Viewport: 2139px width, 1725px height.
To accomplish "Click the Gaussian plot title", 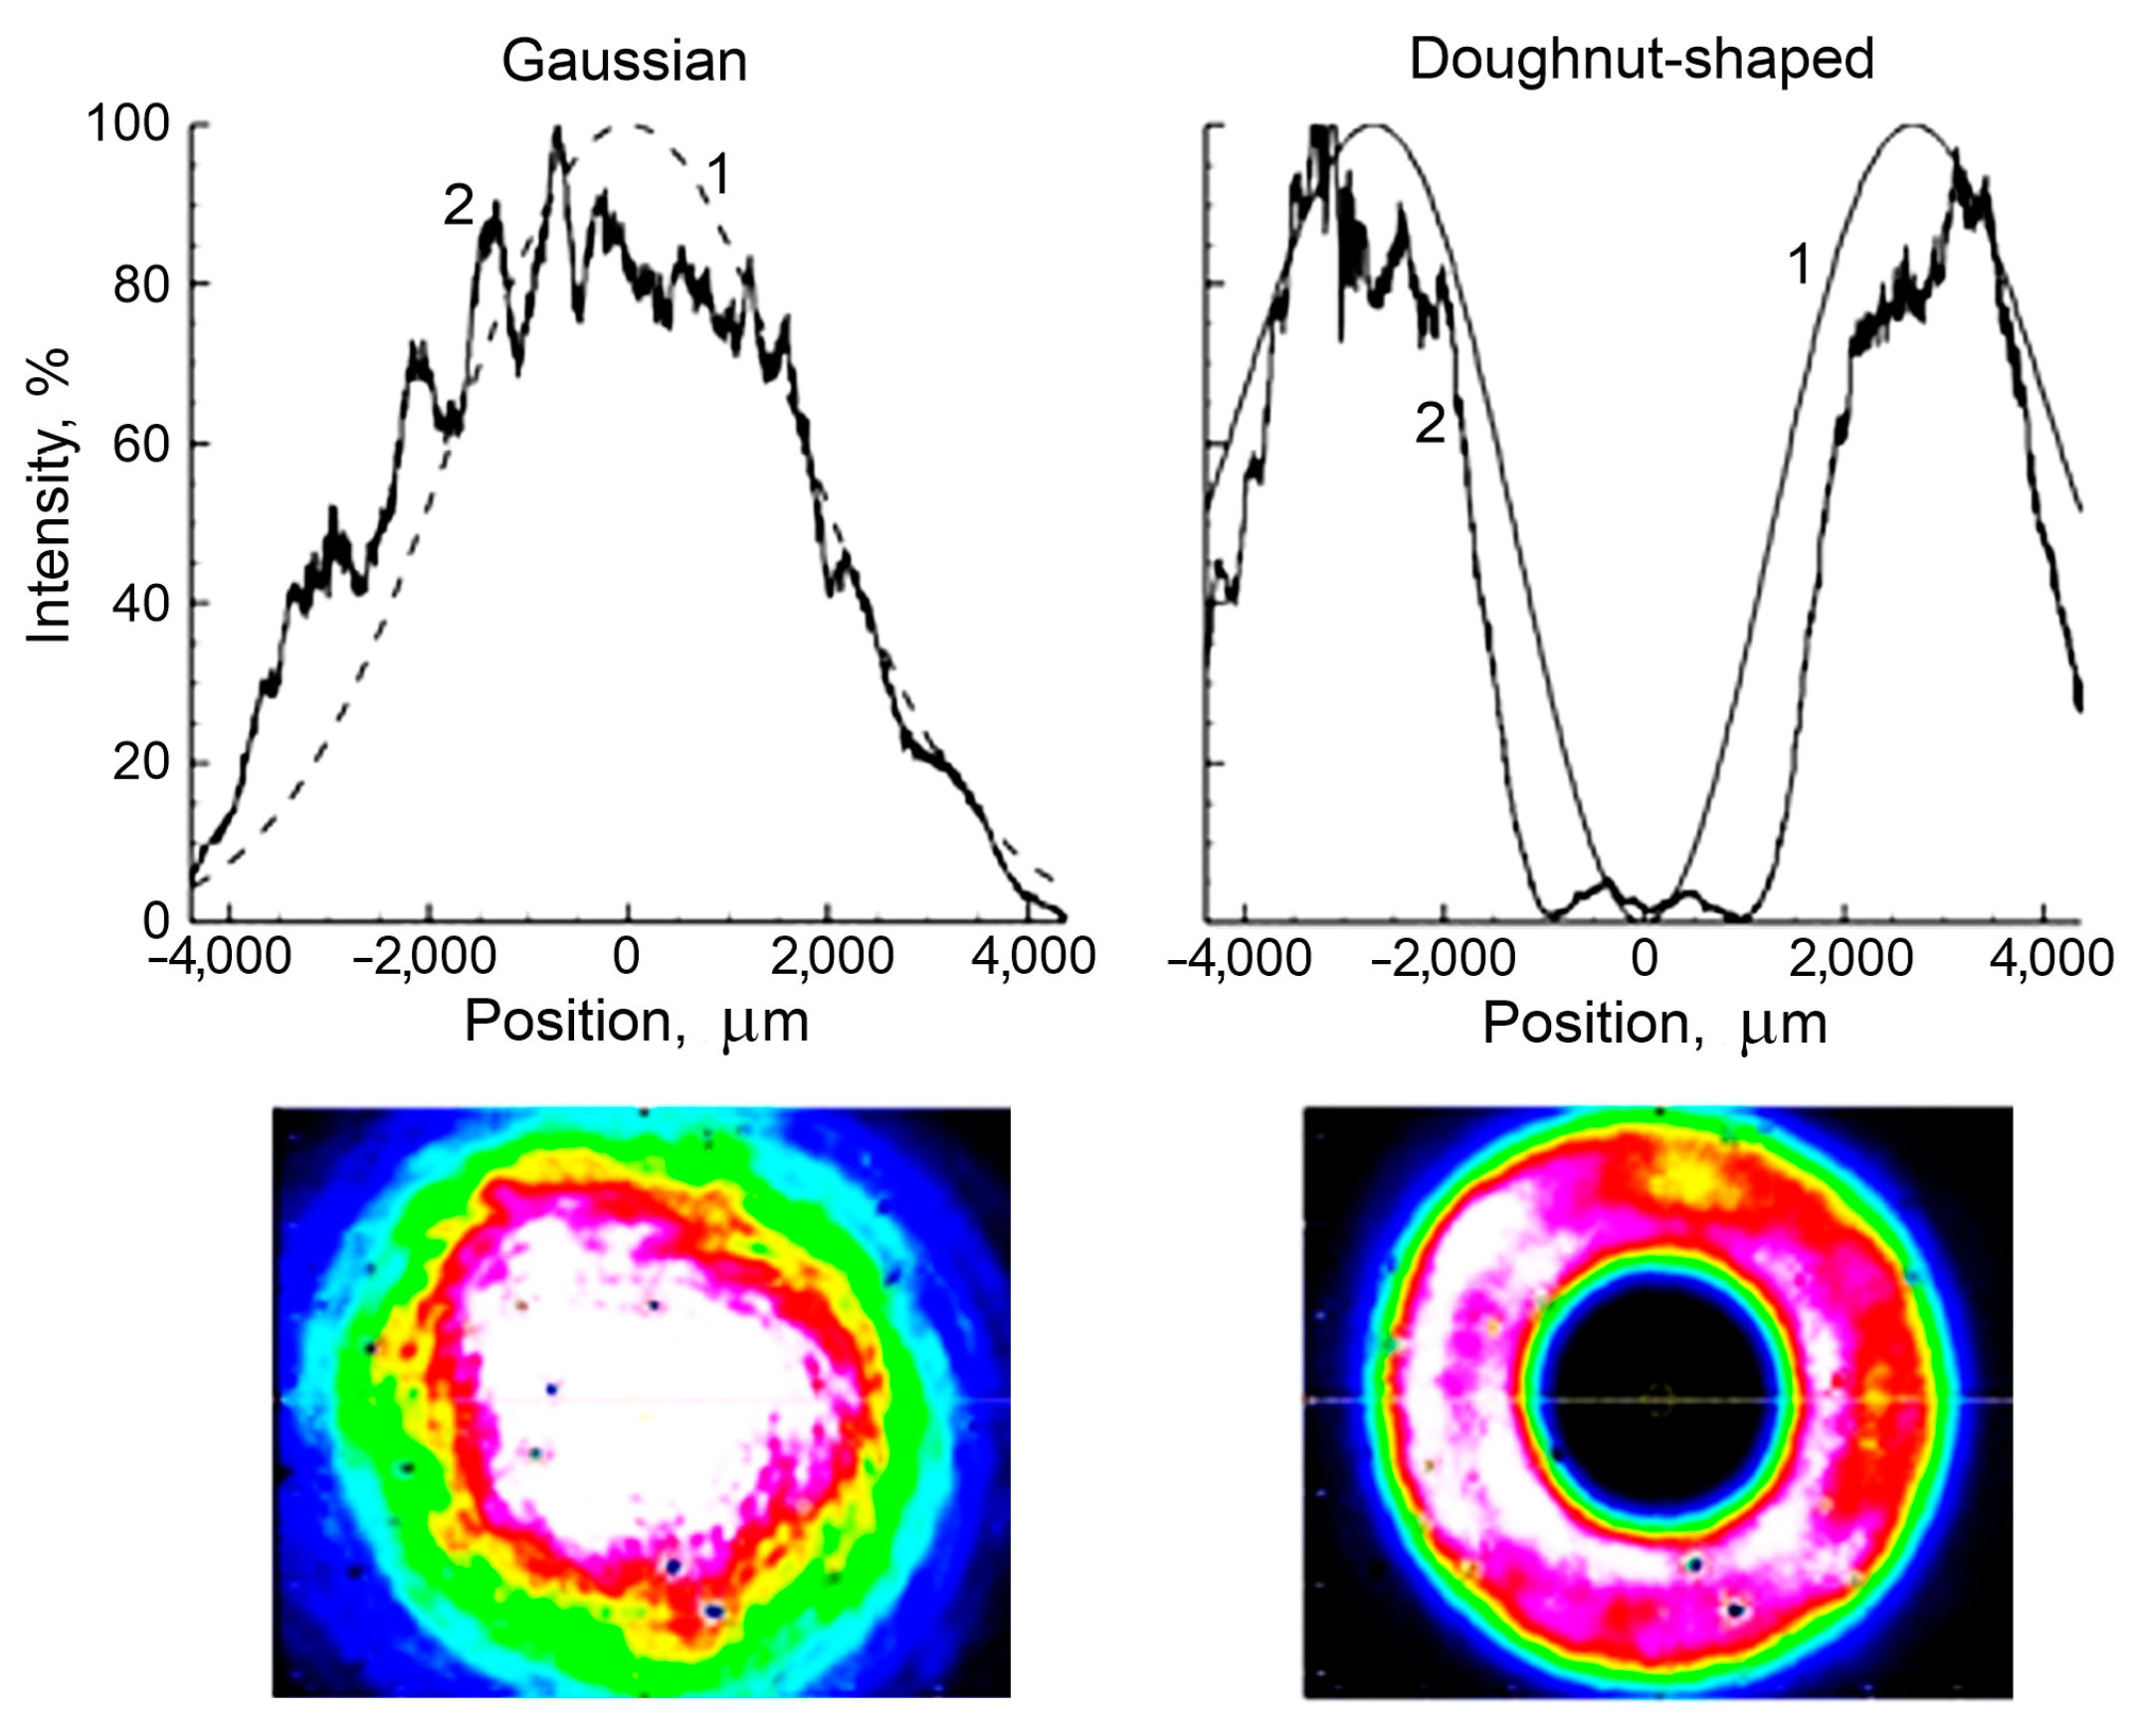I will point(624,62).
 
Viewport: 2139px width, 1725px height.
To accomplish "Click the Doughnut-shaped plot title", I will point(1642,60).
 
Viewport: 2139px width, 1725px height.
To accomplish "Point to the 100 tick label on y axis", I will point(128,124).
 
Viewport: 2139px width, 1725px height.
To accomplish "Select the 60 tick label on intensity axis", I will point(141,444).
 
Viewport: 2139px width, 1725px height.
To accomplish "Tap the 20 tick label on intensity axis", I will point(141,763).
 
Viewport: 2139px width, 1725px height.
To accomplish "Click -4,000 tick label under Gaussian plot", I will point(220,957).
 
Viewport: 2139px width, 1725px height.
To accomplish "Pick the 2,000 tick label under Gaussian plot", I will point(833,957).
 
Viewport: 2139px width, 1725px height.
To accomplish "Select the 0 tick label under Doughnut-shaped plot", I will point(1646,958).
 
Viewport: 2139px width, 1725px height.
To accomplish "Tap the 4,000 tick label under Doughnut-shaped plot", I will point(2051,958).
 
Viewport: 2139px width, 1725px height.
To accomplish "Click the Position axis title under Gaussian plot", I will point(637,1022).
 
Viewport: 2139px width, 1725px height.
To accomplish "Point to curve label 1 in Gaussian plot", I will point(718,176).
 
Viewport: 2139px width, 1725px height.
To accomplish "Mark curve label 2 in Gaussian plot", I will point(458,206).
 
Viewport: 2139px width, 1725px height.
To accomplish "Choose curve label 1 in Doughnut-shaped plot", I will point(1800,266).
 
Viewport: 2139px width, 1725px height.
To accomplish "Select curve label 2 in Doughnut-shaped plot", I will point(1430,425).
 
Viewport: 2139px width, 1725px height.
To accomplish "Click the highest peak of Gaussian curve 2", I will point(557,131).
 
